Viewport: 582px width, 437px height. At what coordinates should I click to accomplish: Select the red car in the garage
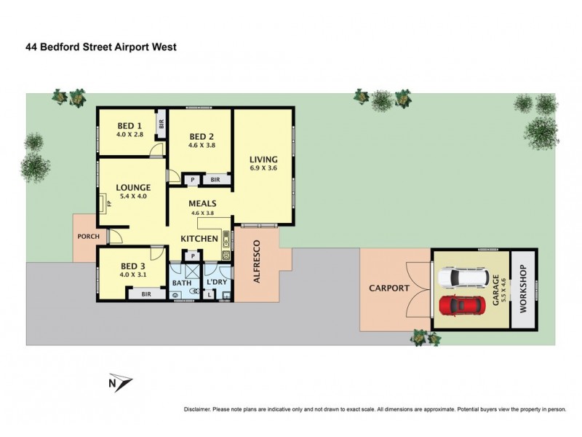(x=461, y=304)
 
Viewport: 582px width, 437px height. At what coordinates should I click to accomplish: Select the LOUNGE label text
(x=132, y=187)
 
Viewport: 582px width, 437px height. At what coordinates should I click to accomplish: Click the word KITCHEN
(x=199, y=239)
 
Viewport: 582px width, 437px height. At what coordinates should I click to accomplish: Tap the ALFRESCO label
(x=256, y=263)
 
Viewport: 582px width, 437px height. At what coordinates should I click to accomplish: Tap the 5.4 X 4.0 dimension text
(x=132, y=196)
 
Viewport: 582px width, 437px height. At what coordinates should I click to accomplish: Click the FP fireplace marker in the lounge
(x=108, y=203)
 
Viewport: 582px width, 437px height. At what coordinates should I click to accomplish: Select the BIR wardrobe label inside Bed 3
(x=145, y=294)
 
